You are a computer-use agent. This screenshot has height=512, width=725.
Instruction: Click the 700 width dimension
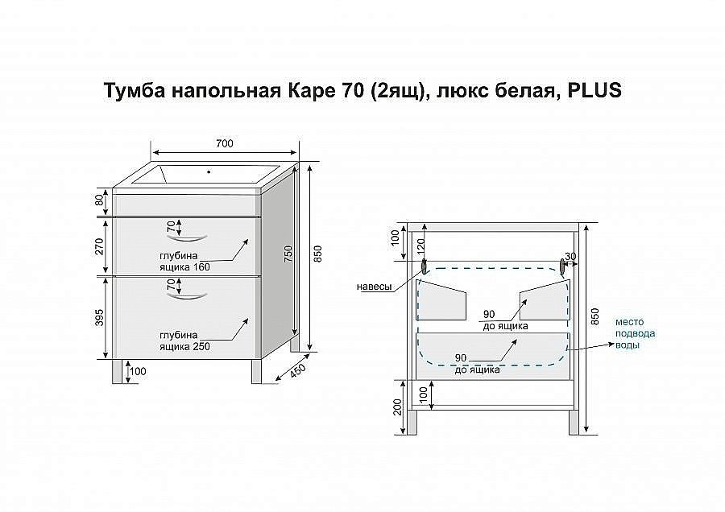coord(225,143)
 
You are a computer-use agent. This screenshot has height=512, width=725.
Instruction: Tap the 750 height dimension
coord(287,254)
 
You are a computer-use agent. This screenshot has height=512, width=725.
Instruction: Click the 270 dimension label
coord(100,246)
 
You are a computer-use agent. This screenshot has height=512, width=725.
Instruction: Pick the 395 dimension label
coord(100,318)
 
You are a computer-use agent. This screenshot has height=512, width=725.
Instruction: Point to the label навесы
coord(375,287)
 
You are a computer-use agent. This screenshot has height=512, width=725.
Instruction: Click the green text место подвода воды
coord(635,332)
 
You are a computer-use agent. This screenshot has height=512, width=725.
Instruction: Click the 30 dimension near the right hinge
coord(570,257)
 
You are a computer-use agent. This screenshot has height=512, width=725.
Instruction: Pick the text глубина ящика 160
coord(184,262)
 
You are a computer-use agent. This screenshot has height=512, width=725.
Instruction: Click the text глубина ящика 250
coord(184,341)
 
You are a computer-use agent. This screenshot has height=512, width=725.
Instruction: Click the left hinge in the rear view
coord(424,266)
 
